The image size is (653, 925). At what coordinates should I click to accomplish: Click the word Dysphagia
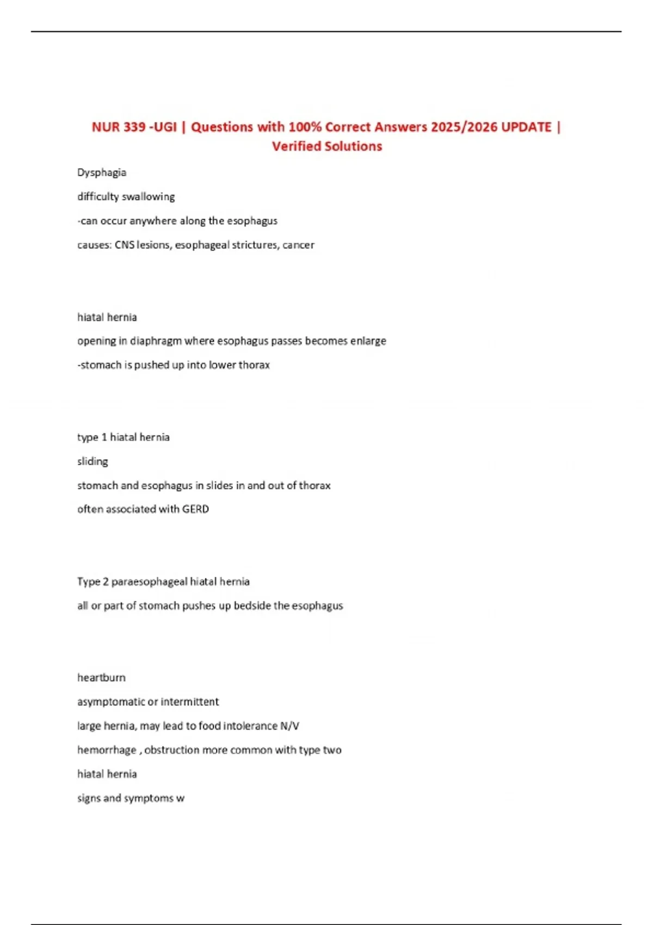click(x=102, y=172)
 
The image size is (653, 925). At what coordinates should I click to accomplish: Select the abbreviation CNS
click(x=124, y=245)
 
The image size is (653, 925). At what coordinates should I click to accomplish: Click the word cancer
click(x=298, y=245)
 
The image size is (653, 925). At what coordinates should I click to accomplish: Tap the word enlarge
click(x=368, y=341)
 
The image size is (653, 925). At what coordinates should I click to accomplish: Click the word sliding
click(x=93, y=461)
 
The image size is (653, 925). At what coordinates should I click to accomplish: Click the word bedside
click(x=252, y=606)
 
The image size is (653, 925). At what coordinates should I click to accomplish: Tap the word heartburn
click(x=101, y=678)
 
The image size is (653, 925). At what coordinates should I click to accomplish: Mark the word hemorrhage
click(x=107, y=750)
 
